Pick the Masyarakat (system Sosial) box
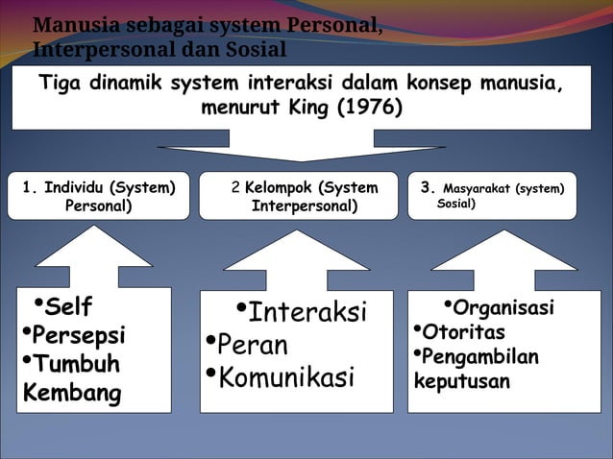tap(491, 197)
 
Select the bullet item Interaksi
tap(307, 313)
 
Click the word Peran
tap(253, 345)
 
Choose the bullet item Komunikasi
tap(286, 376)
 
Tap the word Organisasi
tap(503, 308)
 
